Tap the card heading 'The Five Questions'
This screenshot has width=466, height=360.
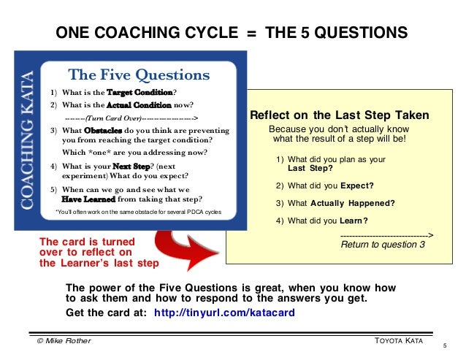click(x=138, y=75)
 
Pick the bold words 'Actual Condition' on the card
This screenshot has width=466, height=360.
click(x=138, y=104)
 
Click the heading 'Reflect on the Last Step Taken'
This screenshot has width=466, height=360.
click(x=340, y=116)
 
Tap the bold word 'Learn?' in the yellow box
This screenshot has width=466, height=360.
click(x=354, y=221)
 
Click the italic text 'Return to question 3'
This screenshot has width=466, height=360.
click(x=383, y=245)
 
